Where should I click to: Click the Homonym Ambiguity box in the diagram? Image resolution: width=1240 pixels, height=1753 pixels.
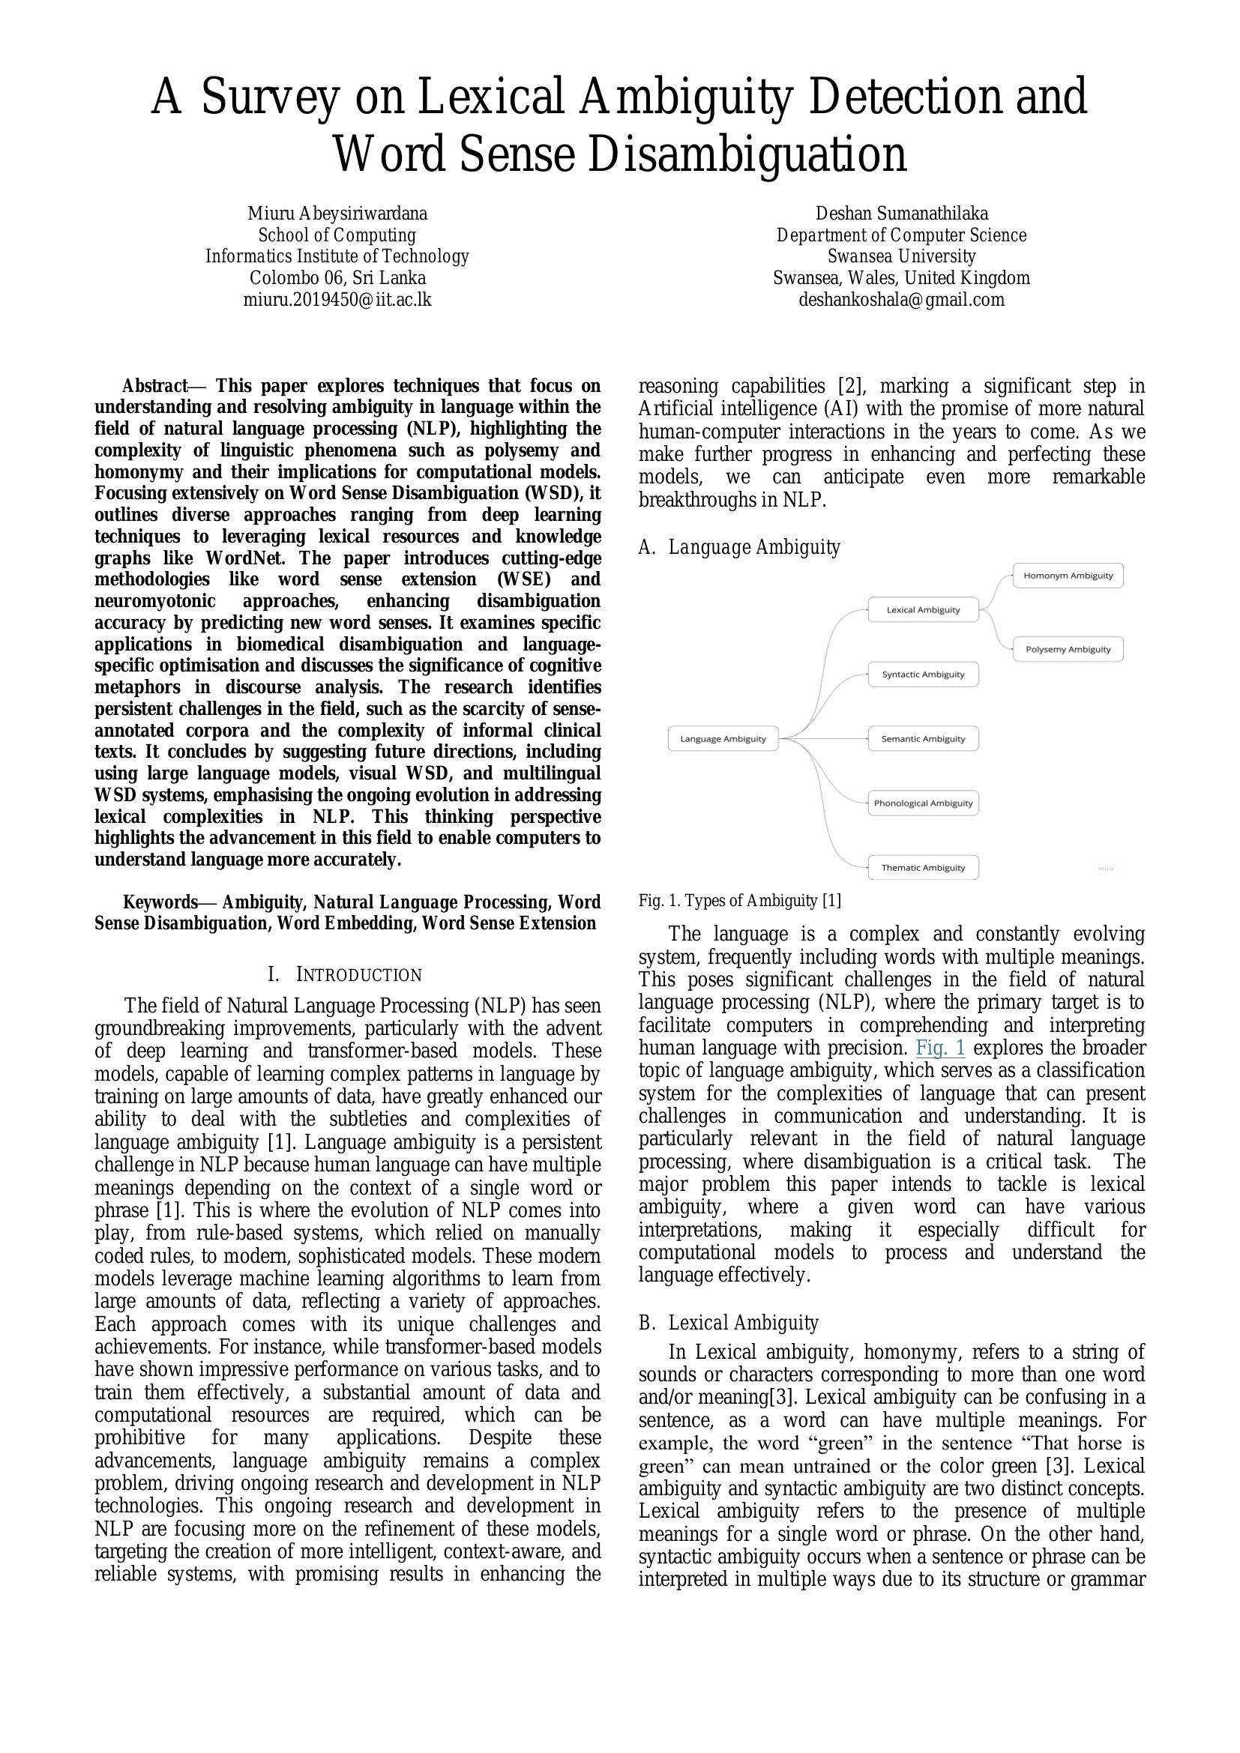click(x=1068, y=576)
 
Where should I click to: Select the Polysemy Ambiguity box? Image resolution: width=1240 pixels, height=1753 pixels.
click(x=1068, y=649)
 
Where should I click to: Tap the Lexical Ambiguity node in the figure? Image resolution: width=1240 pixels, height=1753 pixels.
click(x=922, y=610)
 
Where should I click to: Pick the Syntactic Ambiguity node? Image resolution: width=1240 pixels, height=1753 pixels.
click(x=922, y=675)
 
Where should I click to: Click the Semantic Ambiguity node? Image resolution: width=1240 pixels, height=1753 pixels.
click(x=922, y=738)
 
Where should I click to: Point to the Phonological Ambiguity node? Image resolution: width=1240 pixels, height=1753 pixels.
click(x=922, y=803)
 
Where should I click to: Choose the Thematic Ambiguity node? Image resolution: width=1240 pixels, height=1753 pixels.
click(x=922, y=867)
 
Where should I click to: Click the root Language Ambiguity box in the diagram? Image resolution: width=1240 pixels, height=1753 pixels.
click(x=722, y=738)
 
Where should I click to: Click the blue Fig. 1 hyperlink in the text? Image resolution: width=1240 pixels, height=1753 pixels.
click(x=940, y=1048)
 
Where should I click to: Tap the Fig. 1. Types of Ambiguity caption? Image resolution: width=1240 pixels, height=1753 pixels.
click(x=739, y=901)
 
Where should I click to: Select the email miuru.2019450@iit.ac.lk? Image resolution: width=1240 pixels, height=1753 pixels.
click(x=337, y=299)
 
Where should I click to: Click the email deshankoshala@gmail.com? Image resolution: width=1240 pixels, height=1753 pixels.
click(x=901, y=299)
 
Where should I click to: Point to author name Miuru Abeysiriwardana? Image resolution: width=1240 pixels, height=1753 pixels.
click(x=337, y=213)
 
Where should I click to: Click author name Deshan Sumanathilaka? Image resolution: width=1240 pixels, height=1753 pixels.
click(x=901, y=213)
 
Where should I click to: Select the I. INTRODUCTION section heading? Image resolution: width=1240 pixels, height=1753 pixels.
click(x=344, y=975)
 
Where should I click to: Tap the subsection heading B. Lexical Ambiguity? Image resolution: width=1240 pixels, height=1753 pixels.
click(x=729, y=1323)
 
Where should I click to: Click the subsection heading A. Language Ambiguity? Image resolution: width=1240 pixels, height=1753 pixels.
click(x=739, y=547)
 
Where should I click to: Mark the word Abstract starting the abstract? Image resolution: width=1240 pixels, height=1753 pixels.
click(x=155, y=386)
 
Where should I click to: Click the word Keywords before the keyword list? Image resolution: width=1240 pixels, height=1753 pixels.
click(x=160, y=902)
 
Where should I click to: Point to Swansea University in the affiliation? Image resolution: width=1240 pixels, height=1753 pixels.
click(x=901, y=256)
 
